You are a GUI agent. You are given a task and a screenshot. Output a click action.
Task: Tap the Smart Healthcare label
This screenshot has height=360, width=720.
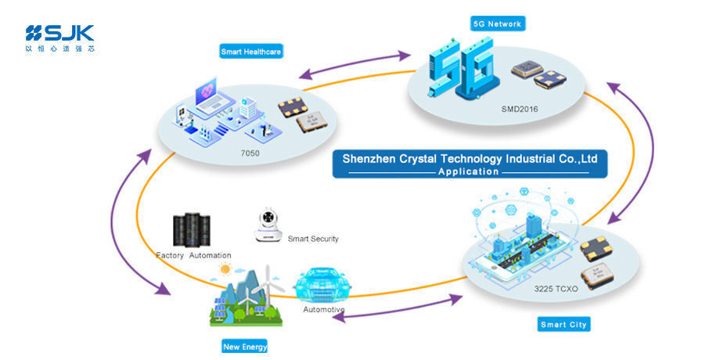click(x=250, y=52)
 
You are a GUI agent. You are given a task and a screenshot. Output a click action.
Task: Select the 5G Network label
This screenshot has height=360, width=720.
click(x=496, y=23)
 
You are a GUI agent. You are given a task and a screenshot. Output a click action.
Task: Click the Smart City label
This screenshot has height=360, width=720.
click(x=563, y=324)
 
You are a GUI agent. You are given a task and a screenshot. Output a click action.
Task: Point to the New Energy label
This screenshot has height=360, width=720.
click(x=245, y=345)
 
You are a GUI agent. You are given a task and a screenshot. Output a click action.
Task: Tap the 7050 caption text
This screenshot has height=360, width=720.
click(x=250, y=154)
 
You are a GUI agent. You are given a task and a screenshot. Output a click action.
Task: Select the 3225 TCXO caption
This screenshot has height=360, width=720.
click(x=556, y=289)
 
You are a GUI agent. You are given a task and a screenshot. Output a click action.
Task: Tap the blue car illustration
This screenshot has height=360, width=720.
click(x=324, y=286)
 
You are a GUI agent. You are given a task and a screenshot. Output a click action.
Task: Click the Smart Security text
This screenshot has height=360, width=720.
click(x=313, y=239)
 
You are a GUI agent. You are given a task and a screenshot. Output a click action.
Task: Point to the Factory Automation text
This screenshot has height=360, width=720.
click(x=193, y=255)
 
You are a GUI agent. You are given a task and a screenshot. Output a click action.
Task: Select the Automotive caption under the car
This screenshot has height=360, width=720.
click(x=324, y=310)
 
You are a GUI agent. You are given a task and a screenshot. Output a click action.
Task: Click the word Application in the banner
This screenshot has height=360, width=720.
click(x=469, y=171)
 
